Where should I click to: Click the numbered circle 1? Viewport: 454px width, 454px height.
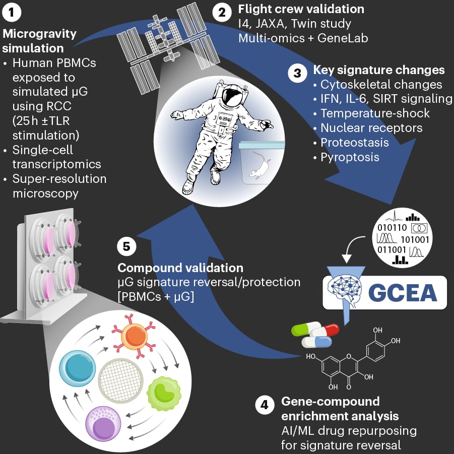(12, 13)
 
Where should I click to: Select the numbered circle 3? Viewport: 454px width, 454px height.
(297, 73)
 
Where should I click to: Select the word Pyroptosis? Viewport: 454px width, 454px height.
(350, 157)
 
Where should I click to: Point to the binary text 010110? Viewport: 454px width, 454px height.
(391, 226)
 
